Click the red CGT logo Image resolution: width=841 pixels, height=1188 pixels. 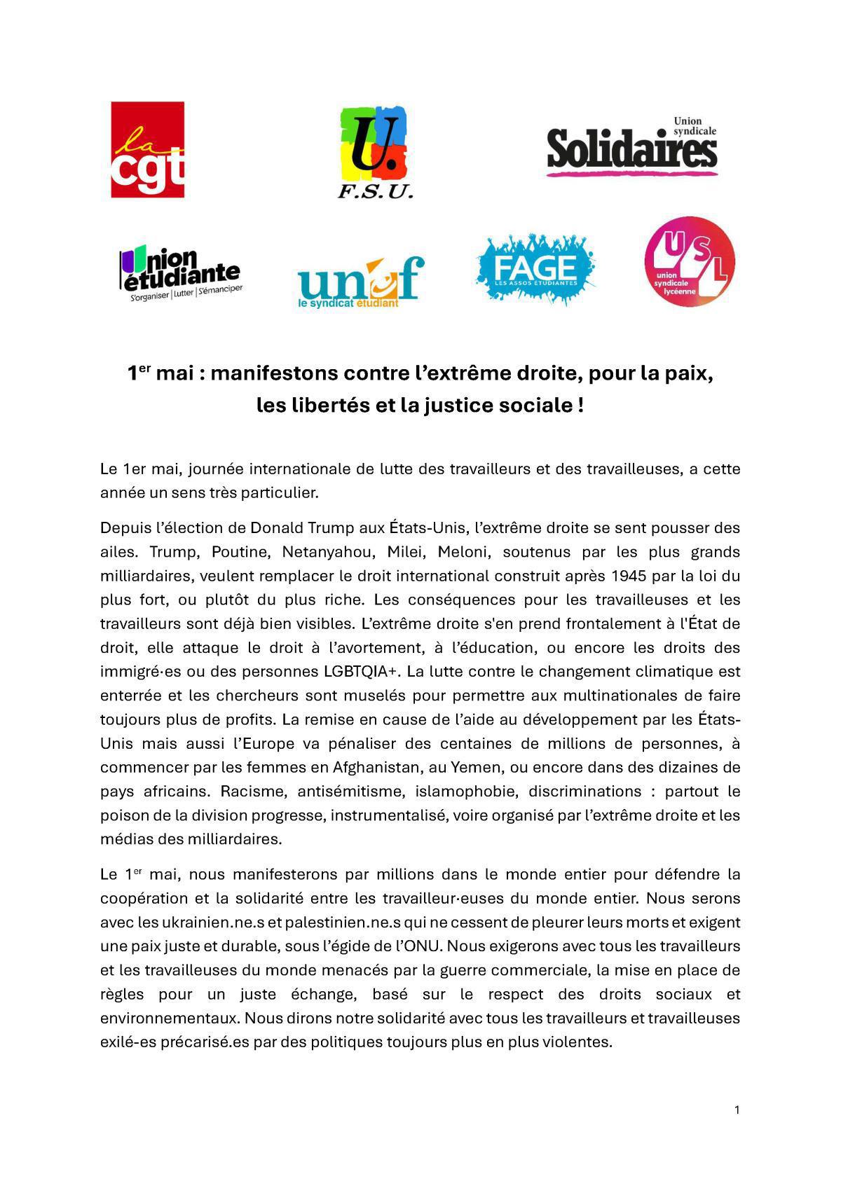pyautogui.click(x=147, y=149)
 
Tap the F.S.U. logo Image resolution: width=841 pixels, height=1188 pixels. pyautogui.click(x=375, y=152)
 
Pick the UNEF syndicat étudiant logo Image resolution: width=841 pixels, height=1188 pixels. pyautogui.click(x=361, y=279)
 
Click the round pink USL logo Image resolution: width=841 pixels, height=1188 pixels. pyautogui.click(x=689, y=261)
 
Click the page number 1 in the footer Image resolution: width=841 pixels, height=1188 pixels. pyautogui.click(x=737, y=1110)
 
